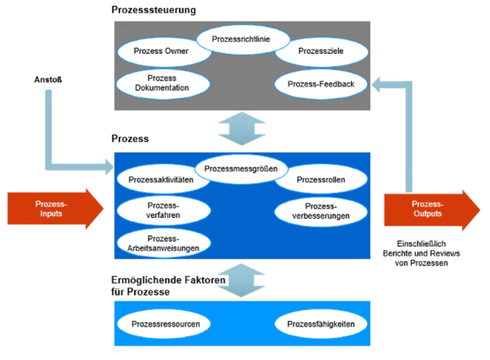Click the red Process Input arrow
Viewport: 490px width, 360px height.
(x=53, y=207)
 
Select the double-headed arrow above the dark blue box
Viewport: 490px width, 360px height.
(x=242, y=128)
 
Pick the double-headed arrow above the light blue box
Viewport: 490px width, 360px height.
(x=242, y=279)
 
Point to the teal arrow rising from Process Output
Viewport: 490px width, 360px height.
(x=404, y=122)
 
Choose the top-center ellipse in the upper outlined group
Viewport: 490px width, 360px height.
(x=243, y=38)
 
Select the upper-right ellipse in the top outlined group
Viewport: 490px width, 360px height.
(x=319, y=51)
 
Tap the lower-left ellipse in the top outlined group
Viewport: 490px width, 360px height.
(x=163, y=82)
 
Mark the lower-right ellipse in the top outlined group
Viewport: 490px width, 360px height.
(x=319, y=82)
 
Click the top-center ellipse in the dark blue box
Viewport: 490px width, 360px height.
(x=242, y=169)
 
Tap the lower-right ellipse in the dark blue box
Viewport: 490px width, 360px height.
(x=320, y=211)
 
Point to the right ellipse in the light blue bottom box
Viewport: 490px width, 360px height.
(x=320, y=322)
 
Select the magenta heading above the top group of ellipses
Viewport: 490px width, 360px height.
(x=155, y=11)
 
